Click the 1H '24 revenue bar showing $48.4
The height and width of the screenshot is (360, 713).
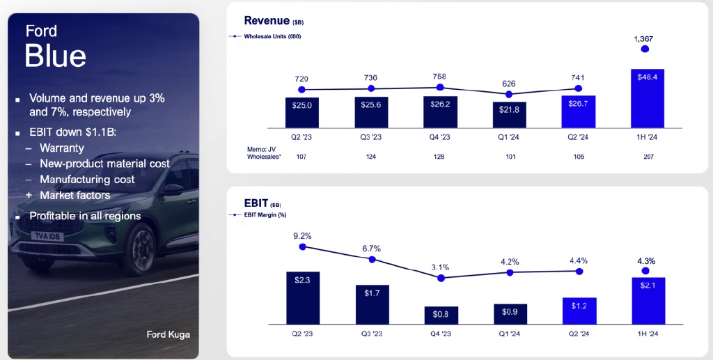[648, 98]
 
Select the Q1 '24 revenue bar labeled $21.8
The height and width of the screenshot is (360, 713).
[509, 115]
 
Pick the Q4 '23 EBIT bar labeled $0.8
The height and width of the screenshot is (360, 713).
[441, 315]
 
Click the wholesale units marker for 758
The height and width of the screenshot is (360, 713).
[440, 87]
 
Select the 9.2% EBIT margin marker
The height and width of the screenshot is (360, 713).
[302, 246]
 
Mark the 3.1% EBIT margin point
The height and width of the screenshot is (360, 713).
[441, 277]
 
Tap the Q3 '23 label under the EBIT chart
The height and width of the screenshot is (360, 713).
[372, 334]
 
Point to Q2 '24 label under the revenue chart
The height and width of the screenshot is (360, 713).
[578, 137]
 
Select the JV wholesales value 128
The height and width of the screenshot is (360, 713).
[440, 157]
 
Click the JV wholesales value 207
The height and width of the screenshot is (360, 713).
[647, 157]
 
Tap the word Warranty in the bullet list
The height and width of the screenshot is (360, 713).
[62, 148]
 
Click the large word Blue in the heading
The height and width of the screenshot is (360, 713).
[55, 56]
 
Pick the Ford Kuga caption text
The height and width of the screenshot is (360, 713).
[168, 334]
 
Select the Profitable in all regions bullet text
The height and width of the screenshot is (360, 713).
[85, 216]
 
